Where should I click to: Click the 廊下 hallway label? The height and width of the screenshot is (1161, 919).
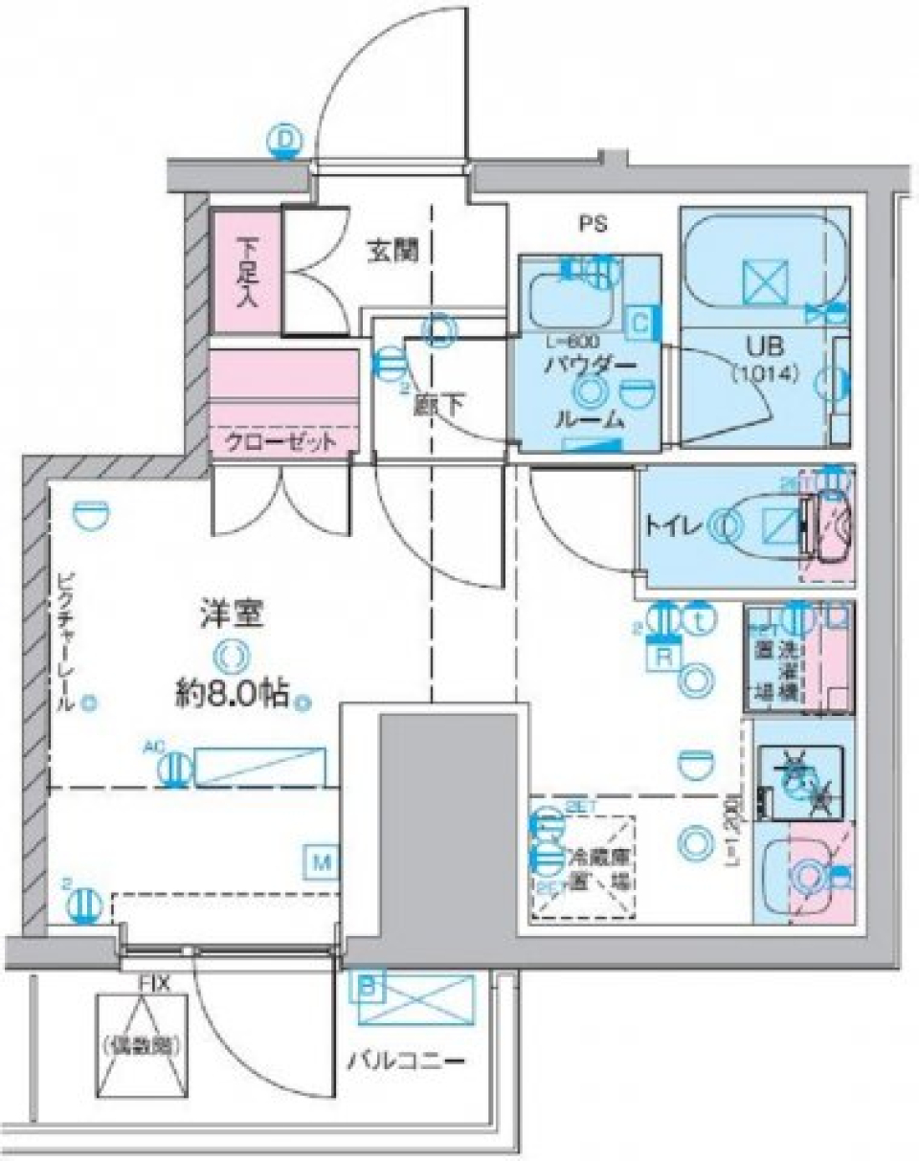click(x=439, y=404)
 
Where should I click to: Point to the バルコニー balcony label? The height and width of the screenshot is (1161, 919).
click(x=406, y=1061)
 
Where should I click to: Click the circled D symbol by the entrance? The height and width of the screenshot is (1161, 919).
click(x=283, y=141)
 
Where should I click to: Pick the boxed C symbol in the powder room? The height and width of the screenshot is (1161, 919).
click(x=639, y=323)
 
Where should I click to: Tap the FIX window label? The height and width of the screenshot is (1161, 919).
click(x=154, y=983)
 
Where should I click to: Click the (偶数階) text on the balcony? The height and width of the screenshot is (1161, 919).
click(x=140, y=1042)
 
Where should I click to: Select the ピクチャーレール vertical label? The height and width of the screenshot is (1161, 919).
click(x=64, y=641)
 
